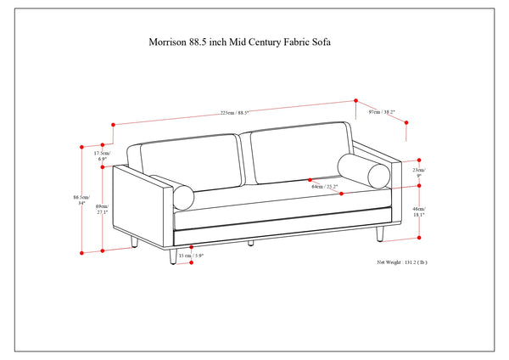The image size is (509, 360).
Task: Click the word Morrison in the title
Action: (168, 39)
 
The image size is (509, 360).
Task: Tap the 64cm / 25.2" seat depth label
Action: (325, 186)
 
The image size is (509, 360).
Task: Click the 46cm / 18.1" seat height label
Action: (420, 211)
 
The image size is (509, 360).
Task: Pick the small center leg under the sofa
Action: (251, 243)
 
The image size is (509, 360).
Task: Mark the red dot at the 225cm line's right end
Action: (356, 99)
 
